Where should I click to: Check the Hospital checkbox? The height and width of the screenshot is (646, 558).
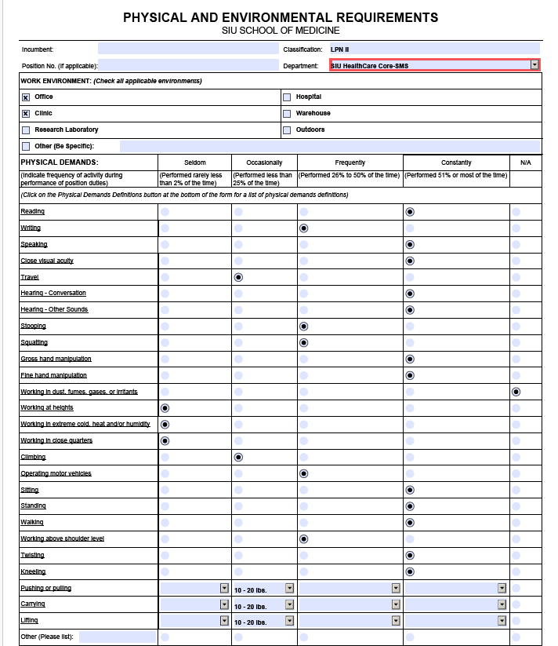coord(287,97)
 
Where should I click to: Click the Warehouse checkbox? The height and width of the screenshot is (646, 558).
coord(287,114)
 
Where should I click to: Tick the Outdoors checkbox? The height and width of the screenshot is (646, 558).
coord(287,130)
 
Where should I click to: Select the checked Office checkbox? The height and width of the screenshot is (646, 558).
coord(26,97)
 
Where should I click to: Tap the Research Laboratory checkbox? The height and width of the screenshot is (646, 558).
coord(26,130)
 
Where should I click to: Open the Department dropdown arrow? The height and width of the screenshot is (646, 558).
coord(535,65)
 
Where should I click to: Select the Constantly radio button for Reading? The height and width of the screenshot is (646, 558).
coord(410,212)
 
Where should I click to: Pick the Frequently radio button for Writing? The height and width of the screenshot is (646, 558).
coord(303,228)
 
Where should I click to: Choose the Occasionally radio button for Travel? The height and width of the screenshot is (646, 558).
coord(238,277)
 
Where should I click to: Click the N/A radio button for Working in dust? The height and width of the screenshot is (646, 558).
coord(516,392)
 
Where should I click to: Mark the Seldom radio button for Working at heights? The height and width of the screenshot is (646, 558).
coord(165,408)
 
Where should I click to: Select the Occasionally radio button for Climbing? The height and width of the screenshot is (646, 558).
coord(238,457)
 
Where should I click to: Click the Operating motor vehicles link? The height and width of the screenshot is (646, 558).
coord(56,473)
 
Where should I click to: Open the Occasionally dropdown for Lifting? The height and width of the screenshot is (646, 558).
coord(289,621)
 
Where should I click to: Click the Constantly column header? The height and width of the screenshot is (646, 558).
coord(456,162)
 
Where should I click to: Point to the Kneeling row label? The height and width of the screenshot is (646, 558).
coord(33,571)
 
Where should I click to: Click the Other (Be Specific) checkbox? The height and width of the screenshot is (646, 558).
coord(26,146)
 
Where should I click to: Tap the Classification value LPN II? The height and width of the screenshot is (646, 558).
coord(340,49)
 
